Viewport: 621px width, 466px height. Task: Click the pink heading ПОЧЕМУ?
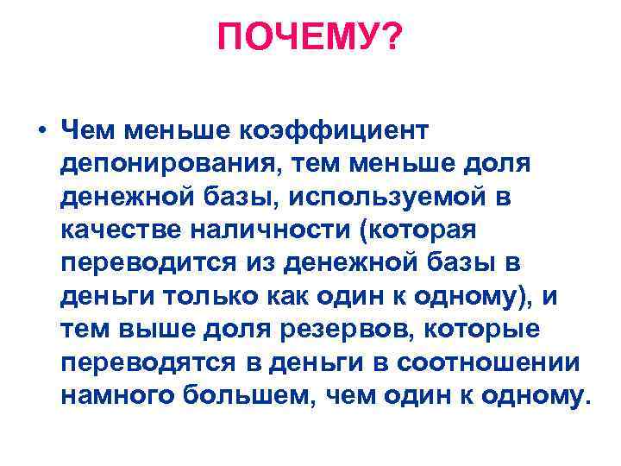[x=310, y=37]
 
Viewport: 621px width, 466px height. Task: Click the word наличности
[x=277, y=230]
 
